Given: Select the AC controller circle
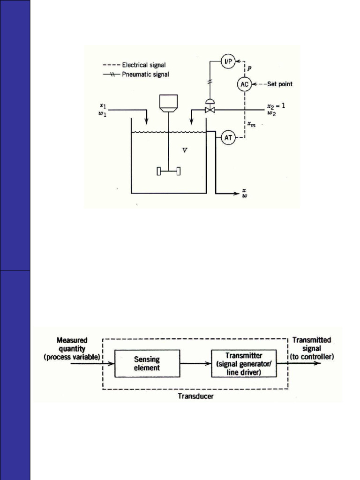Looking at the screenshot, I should (244, 84).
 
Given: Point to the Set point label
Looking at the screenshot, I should (280, 84).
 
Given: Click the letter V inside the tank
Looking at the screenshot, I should (185, 151).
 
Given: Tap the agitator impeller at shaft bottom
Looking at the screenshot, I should (169, 172).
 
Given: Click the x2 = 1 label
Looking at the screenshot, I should (276, 105).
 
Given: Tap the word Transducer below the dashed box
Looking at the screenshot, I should (195, 396).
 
